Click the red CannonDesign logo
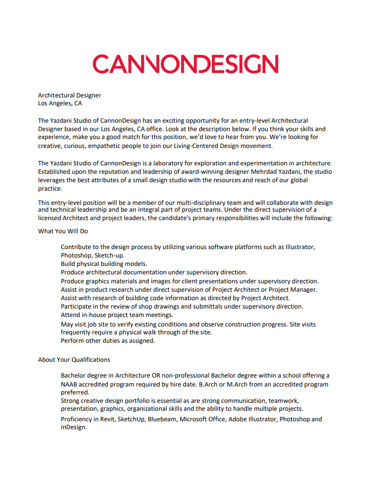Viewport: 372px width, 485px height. [x=185, y=64]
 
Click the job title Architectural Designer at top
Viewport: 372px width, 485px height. [x=69, y=95]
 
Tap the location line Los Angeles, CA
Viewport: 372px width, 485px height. [x=60, y=104]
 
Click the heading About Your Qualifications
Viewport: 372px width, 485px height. [x=74, y=360]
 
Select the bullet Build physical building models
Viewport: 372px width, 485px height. [x=104, y=264]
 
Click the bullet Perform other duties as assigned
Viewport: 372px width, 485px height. [x=108, y=341]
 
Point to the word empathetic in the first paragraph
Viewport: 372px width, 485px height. [x=108, y=146]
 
